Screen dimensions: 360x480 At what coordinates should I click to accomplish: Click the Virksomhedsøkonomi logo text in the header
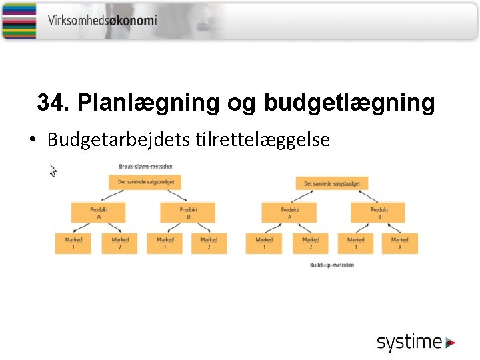102,20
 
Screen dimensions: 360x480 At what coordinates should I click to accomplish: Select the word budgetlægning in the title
349,103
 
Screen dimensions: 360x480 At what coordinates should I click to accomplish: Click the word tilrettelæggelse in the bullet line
263,140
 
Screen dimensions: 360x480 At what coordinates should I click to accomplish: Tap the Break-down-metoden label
145,165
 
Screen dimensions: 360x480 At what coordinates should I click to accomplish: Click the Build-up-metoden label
331,265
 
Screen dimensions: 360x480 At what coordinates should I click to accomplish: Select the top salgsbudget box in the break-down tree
145,182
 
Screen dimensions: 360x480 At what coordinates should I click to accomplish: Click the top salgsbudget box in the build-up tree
332,183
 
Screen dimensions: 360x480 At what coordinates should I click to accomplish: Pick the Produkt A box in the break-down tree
99,212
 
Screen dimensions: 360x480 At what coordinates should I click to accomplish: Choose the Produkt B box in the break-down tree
189,212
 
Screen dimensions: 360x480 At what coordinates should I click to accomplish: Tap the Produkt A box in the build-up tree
290,212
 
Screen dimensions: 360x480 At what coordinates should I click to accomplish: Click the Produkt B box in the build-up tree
379,212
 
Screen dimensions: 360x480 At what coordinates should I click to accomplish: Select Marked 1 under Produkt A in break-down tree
73,243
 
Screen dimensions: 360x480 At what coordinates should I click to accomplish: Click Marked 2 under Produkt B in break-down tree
209,243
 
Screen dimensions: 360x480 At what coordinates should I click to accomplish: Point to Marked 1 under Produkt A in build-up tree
264,243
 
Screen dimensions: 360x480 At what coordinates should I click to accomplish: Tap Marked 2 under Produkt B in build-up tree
400,243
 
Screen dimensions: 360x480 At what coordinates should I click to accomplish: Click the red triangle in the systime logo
451,343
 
